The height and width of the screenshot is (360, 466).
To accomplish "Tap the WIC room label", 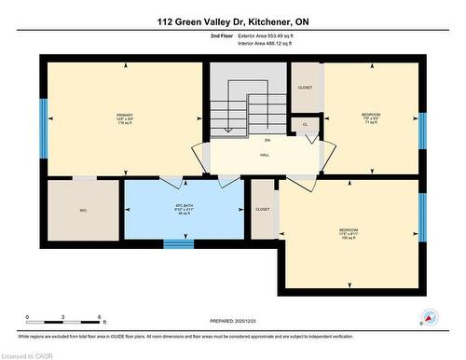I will pos(85,212).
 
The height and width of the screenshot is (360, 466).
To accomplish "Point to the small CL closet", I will pos(304,123).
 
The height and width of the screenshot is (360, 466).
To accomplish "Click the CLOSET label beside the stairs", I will pos(305,87).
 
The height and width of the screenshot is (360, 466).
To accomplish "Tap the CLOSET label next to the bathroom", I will pos(264,210).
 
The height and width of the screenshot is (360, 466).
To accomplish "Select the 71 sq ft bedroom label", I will pos(371,118).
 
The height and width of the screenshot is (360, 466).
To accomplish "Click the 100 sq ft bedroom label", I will pos(349,232).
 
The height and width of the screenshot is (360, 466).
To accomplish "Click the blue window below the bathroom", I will pos(179,244).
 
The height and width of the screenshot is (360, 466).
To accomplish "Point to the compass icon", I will pos(430,319).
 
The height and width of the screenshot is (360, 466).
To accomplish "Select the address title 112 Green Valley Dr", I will pos(232,20).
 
